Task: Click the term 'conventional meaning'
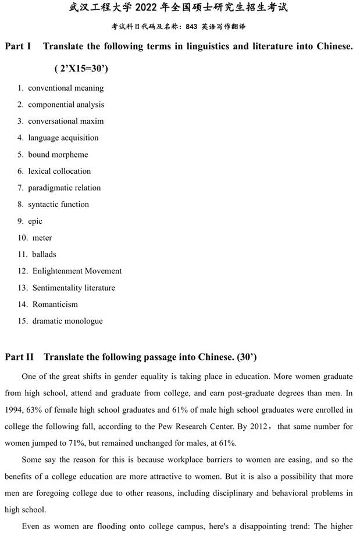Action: click(66, 88)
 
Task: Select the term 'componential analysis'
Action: click(66, 105)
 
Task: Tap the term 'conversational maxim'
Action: click(66, 122)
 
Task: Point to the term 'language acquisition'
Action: click(63, 138)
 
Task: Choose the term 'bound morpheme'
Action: click(58, 155)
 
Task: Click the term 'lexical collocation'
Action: click(59, 171)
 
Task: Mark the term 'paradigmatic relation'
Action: click(64, 188)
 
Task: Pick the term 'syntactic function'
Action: click(58, 205)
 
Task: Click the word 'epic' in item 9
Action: click(35, 221)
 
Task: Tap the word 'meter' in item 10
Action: click(42, 238)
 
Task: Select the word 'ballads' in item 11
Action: click(44, 255)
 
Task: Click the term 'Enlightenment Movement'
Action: click(77, 271)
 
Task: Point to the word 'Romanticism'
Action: click(55, 305)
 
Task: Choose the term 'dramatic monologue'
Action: click(67, 321)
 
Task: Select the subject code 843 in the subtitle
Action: click(192, 27)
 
